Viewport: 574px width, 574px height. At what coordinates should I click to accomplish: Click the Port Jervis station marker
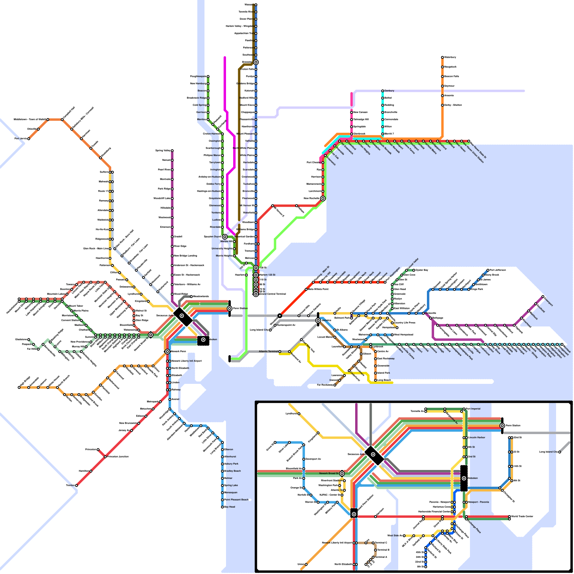coord(29,138)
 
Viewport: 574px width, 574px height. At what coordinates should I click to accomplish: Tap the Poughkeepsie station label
coord(198,76)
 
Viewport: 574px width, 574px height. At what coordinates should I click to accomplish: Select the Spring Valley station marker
coord(172,151)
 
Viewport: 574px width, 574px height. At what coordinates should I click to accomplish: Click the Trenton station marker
coord(76,485)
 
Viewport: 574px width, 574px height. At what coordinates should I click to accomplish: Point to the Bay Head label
coord(230,507)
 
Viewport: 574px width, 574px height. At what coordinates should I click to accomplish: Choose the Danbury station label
coord(389,91)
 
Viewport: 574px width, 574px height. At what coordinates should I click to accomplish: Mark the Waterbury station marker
coord(442,57)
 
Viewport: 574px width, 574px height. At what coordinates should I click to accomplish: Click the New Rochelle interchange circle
coord(323,198)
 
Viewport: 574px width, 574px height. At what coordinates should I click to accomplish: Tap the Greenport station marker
coord(543,297)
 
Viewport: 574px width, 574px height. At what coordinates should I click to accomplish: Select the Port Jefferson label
coord(498,270)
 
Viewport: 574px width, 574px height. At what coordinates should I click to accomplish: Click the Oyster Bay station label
coord(422,270)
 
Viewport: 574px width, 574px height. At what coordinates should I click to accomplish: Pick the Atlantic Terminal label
coord(268,352)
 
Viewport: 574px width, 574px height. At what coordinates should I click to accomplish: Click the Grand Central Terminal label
coord(273,294)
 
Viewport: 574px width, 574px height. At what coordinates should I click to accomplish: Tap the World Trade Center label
coord(522,517)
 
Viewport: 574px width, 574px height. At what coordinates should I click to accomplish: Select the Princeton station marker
coord(98,450)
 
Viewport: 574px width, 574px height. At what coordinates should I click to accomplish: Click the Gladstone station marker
coord(29,339)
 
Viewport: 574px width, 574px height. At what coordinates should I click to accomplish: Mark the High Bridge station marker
coord(19,387)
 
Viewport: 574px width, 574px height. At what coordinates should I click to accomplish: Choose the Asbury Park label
coord(231,464)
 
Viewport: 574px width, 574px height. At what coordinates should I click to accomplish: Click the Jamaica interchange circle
coord(318,320)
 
